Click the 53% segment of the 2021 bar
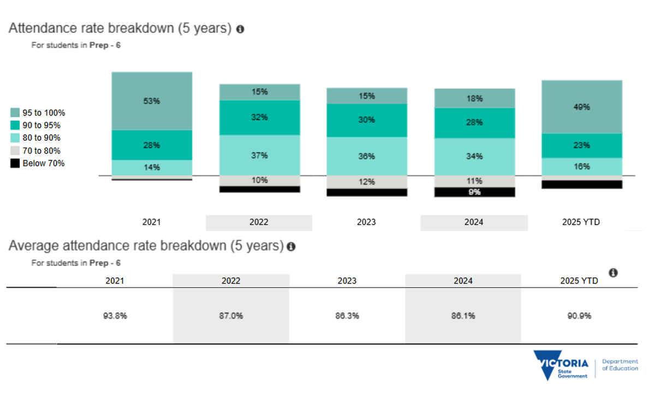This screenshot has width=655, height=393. pyautogui.click(x=152, y=101)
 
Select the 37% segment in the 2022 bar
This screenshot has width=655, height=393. pyautogui.click(x=260, y=155)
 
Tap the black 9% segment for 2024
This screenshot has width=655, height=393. pyautogui.click(x=474, y=192)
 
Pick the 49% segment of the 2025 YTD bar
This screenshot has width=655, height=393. pyautogui.click(x=582, y=107)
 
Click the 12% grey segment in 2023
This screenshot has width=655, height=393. pyautogui.click(x=367, y=182)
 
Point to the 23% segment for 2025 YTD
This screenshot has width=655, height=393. pyautogui.click(x=582, y=146)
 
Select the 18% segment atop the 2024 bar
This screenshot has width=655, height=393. pyautogui.click(x=474, y=99)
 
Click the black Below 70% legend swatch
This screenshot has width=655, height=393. pyautogui.click(x=15, y=163)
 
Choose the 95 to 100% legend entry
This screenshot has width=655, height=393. pyautogui.click(x=38, y=113)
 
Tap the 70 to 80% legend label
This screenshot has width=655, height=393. pyautogui.click(x=41, y=150)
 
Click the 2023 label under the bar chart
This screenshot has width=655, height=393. pyautogui.click(x=366, y=222)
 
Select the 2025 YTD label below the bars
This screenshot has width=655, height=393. pyautogui.click(x=581, y=222)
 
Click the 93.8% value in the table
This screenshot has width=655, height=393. pyautogui.click(x=115, y=316)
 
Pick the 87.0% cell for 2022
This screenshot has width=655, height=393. pyautogui.click(x=231, y=316)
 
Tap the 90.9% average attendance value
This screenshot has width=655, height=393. pyautogui.click(x=579, y=316)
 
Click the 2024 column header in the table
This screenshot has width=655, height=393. pyautogui.click(x=463, y=281)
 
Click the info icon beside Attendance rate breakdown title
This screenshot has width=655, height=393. pyautogui.click(x=240, y=29)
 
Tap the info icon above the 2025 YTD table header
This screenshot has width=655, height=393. pyautogui.click(x=613, y=273)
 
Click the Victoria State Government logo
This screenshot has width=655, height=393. pyautogui.click(x=561, y=366)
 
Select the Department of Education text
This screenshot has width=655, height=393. pyautogui.click(x=620, y=365)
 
